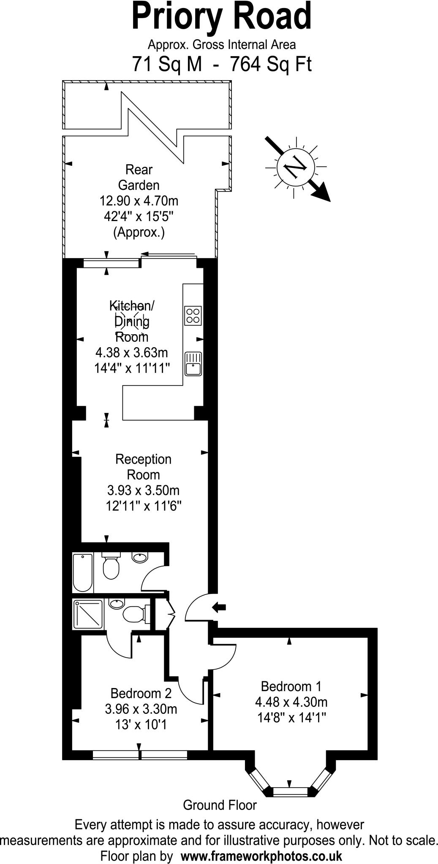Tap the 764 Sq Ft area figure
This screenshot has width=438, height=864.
point(270,65)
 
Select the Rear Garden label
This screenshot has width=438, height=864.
point(139,177)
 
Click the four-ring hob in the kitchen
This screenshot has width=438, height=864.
point(193,316)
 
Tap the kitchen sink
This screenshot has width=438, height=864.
point(193,364)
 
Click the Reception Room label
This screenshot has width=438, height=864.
point(143,467)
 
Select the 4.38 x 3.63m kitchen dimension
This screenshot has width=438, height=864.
point(131,352)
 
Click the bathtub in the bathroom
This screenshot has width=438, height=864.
point(82,572)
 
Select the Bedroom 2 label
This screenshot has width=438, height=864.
point(141,693)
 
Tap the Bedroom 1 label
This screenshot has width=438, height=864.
point(291,686)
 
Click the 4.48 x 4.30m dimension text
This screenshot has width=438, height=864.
point(291,702)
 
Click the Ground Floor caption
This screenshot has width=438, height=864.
point(220,805)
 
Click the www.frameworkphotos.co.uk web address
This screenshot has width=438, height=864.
point(261,856)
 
